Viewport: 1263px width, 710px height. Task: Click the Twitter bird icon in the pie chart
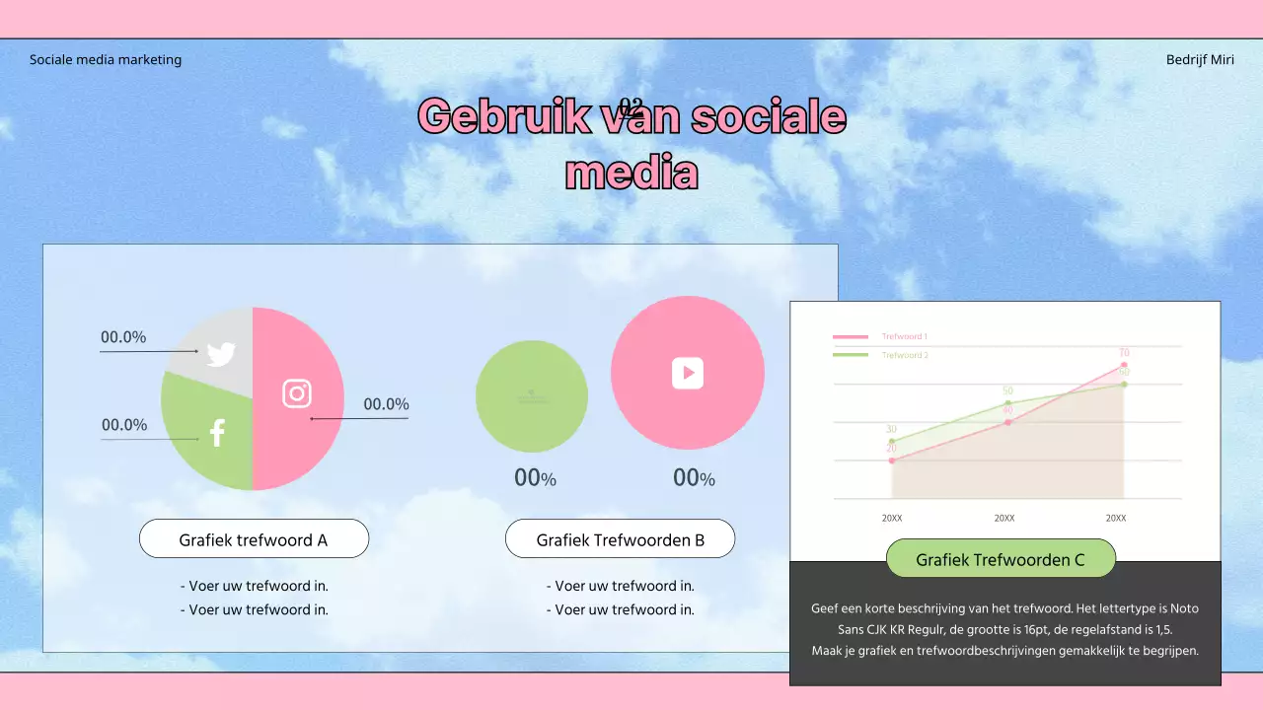221,354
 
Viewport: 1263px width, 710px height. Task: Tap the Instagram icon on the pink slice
297,393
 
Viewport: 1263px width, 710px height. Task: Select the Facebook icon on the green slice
217,433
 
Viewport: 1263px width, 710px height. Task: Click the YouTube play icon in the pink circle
688,373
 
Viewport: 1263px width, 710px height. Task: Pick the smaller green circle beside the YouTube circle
532,396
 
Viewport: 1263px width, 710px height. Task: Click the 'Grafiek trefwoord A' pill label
254,539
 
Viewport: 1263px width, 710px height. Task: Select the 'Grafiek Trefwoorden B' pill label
620,539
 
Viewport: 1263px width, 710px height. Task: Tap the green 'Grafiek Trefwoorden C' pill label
1001,559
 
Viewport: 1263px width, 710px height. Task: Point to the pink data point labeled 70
1124,366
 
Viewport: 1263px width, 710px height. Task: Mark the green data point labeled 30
892,441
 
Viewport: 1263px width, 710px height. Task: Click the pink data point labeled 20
892,461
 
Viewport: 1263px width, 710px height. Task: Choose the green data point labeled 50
1007,403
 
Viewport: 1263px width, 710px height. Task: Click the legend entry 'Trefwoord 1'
904,337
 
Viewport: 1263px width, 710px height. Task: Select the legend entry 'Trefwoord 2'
904,355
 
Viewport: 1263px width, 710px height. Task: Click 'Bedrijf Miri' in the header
1200,59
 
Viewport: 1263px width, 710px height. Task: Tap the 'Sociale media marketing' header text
106,59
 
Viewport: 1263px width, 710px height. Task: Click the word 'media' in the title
631,174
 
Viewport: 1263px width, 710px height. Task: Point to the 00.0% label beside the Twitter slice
123,337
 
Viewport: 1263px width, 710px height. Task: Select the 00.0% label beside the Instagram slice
386,404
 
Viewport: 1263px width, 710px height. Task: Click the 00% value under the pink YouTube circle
694,478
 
